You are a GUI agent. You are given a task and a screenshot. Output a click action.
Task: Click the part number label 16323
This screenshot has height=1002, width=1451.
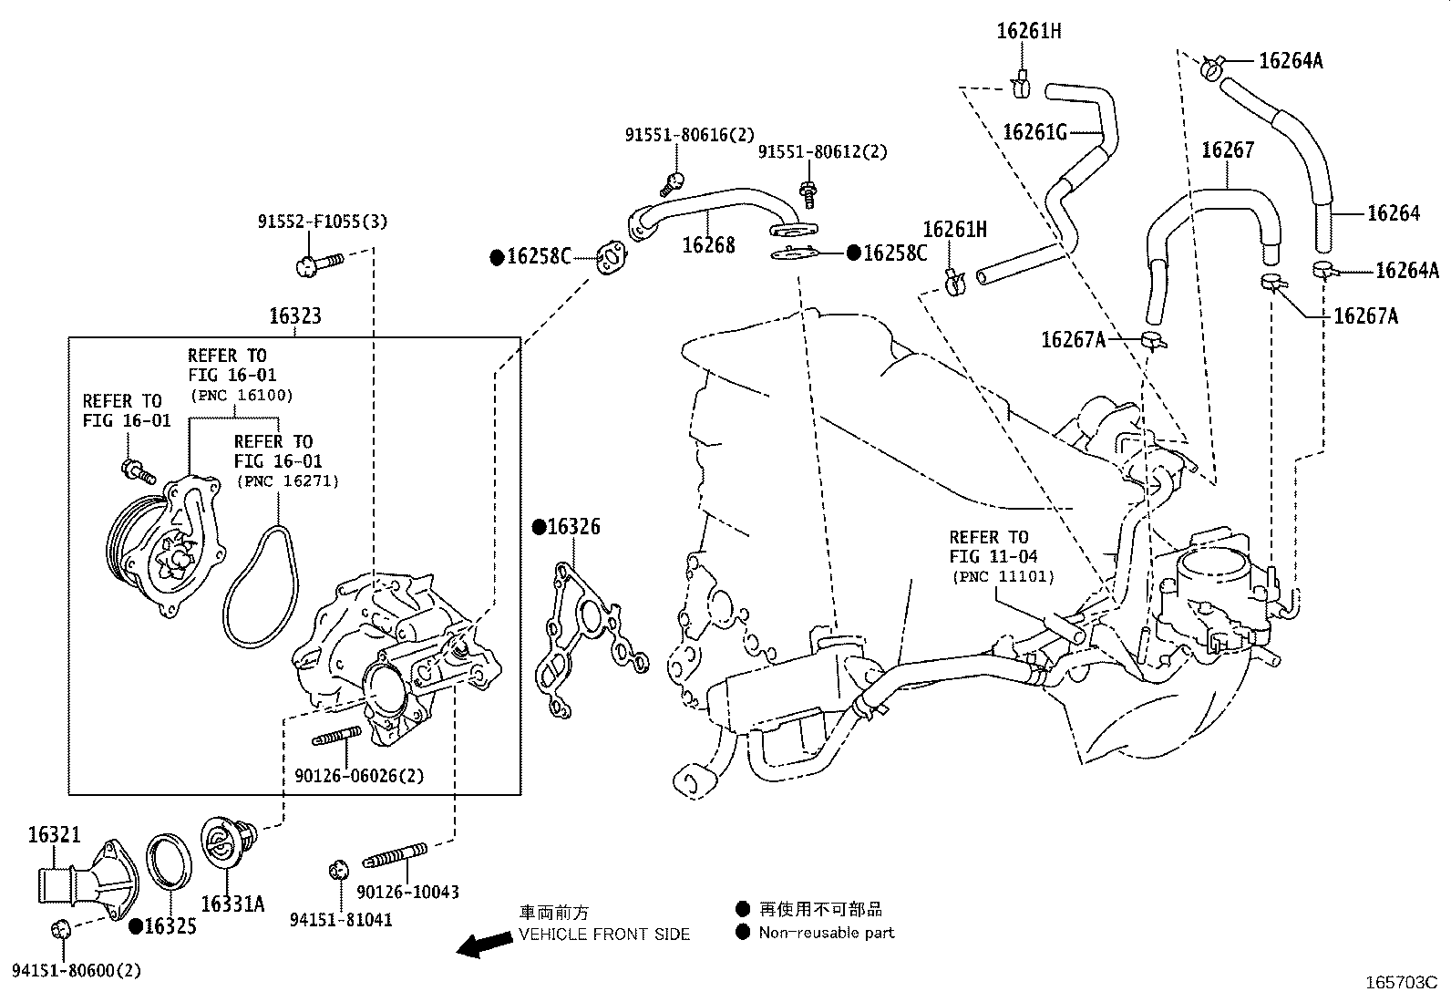click(294, 317)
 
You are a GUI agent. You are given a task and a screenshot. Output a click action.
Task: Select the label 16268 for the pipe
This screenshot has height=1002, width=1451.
click(708, 244)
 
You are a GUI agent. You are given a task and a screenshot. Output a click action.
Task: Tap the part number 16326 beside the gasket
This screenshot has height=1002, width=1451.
click(573, 527)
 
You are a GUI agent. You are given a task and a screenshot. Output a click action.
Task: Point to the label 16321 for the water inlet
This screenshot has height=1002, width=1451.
click(54, 834)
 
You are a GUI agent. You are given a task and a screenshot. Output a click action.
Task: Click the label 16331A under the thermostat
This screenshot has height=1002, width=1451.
click(232, 904)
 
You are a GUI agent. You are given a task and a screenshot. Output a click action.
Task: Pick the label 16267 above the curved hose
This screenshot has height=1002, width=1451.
click(1228, 150)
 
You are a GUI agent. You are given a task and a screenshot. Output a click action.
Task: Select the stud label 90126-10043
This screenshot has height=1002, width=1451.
click(407, 892)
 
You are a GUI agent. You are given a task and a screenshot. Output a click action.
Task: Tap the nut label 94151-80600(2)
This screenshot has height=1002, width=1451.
click(77, 971)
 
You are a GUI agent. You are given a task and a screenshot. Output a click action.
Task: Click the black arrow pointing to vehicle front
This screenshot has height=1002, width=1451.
click(484, 945)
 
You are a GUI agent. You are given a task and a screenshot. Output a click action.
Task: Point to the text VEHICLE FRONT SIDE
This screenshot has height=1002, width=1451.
click(604, 934)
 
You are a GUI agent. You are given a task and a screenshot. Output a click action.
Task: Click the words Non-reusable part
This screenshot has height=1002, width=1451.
click(827, 933)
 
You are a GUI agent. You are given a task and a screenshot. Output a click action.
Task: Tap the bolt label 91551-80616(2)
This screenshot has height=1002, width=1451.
click(690, 135)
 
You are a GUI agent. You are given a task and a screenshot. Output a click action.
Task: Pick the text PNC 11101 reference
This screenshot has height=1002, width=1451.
click(1003, 576)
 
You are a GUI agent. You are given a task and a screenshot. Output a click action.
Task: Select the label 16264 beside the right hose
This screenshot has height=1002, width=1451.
click(1394, 213)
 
